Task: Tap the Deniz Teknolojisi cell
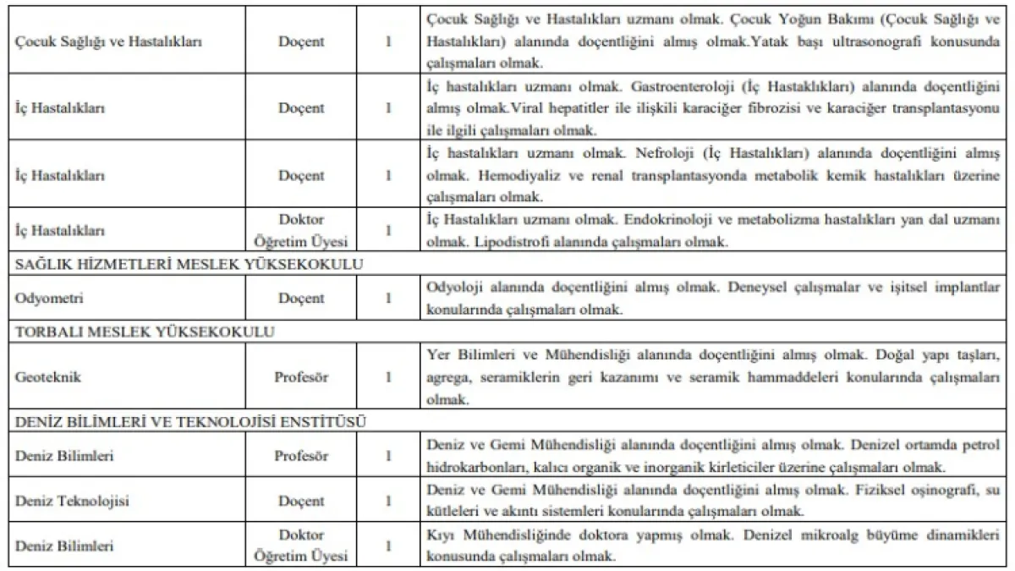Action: coord(72,502)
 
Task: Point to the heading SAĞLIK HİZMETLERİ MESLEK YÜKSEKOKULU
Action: coord(189,264)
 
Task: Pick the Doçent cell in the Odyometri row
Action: coord(300,299)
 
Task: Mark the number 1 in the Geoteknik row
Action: coord(388,378)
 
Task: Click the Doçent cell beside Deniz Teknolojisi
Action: coord(300,502)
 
